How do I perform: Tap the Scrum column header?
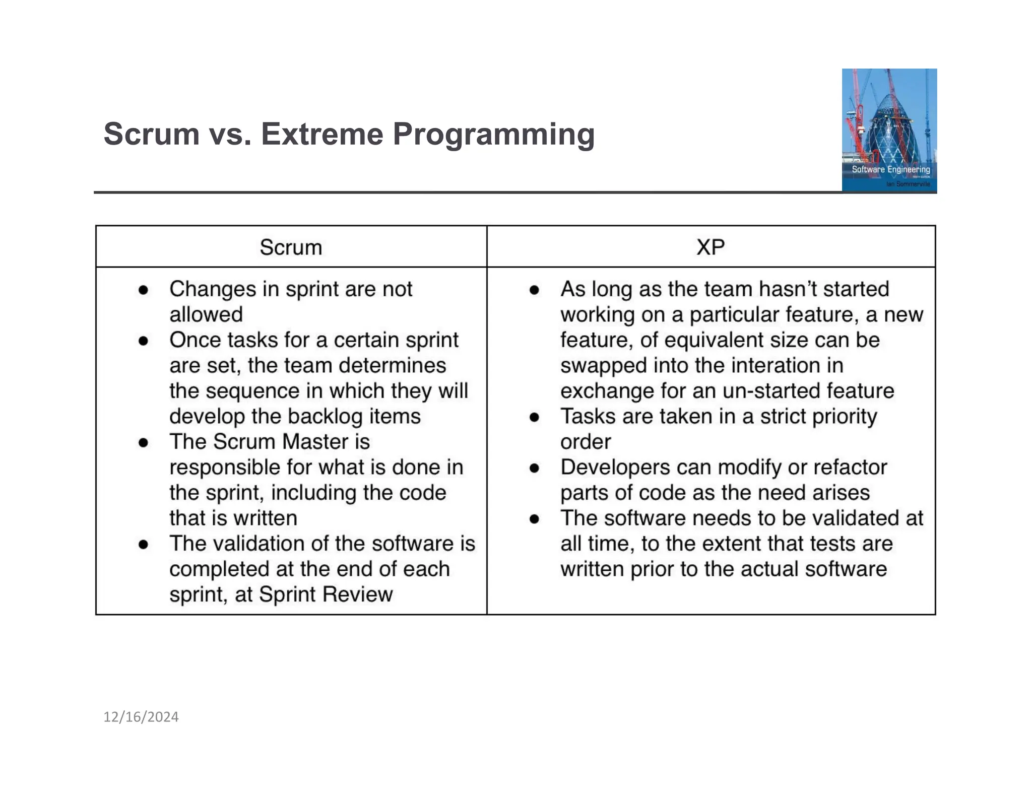pos(291,247)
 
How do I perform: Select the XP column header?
pos(710,247)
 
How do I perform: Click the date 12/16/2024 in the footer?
pos(141,717)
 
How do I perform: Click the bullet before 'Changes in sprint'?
pos(144,290)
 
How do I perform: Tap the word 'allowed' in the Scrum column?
pos(206,315)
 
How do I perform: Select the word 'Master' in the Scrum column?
pos(315,442)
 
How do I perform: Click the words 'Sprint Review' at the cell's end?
pos(326,594)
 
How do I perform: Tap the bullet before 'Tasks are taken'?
pos(535,417)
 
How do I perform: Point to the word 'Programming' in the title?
pos(493,135)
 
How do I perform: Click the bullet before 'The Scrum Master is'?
pos(144,443)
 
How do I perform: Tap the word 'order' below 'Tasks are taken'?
pos(585,442)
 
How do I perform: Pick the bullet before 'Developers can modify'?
pos(535,468)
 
